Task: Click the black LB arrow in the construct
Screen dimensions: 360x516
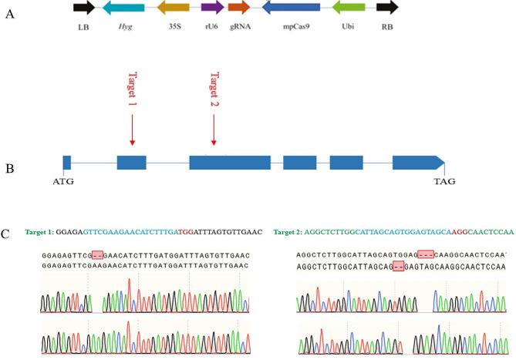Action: click(x=84, y=8)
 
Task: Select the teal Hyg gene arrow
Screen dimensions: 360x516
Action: click(x=123, y=8)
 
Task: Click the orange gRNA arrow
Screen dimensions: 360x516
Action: click(x=239, y=8)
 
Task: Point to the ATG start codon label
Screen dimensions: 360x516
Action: click(x=64, y=182)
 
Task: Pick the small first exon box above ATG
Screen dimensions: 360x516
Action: click(x=67, y=163)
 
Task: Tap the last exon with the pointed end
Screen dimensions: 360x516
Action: click(x=418, y=163)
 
